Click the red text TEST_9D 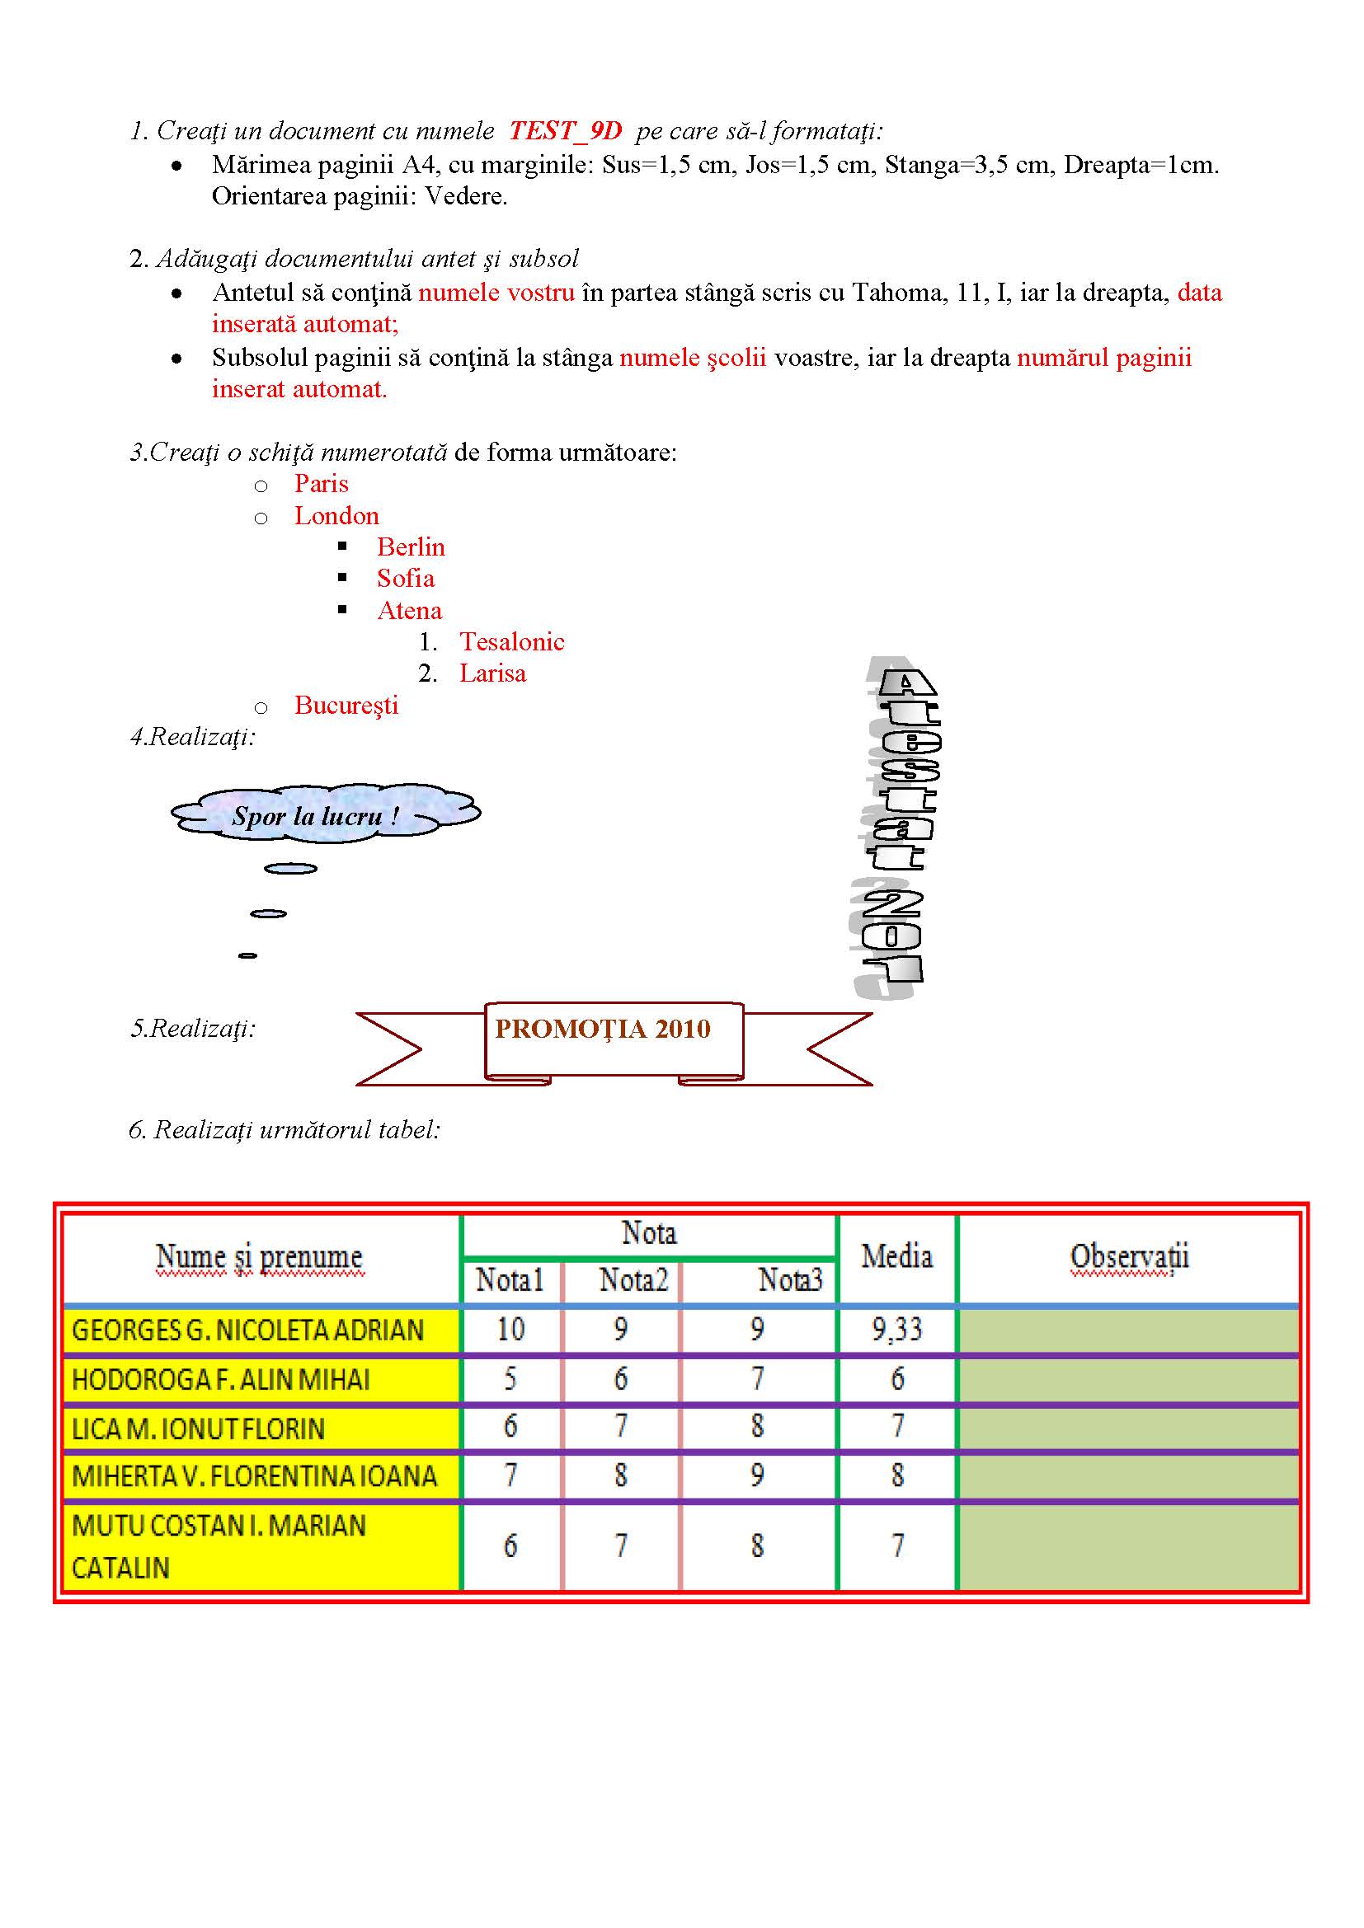coord(565,131)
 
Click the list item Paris coord(321,484)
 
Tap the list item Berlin coord(410,547)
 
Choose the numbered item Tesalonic coord(511,642)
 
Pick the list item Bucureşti coord(346,706)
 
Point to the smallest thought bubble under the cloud coord(247,955)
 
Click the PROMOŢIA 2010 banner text coord(602,1030)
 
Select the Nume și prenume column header coord(260,1257)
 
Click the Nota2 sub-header coord(633,1281)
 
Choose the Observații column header coord(1129,1257)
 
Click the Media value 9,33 coord(896,1330)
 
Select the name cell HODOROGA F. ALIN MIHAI coord(221,1379)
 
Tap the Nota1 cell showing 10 coord(510,1330)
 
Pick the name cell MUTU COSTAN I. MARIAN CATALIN coord(219,1546)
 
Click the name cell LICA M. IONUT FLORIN coord(198,1428)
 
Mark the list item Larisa coord(492,673)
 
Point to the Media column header coord(896,1257)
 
